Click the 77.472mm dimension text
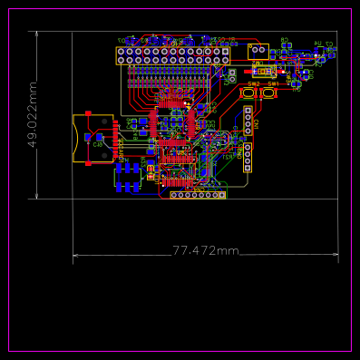click(x=205, y=250)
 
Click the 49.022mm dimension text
click(x=33, y=115)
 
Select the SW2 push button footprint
click(x=251, y=92)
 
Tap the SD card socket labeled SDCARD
click(x=93, y=138)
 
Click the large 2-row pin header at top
click(x=173, y=55)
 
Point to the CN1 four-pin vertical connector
click(x=248, y=121)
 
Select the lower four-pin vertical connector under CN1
click(x=247, y=157)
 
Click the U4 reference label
click(x=318, y=43)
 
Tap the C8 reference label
click(x=97, y=145)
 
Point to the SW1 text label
click(x=272, y=83)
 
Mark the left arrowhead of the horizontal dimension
click(x=75, y=256)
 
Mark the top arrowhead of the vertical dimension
click(x=37, y=33)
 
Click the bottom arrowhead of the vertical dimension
click(x=37, y=196)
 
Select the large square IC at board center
click(x=171, y=128)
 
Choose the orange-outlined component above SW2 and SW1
click(x=265, y=70)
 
